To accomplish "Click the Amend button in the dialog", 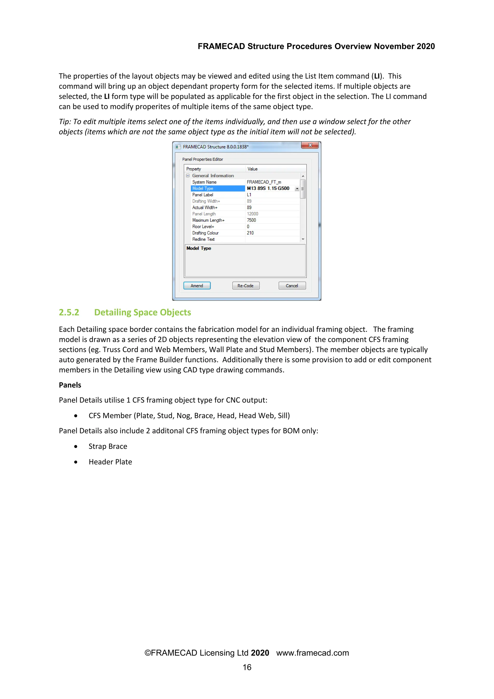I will [197, 286].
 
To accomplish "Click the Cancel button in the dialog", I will [292, 286].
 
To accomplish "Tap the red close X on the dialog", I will [310, 145].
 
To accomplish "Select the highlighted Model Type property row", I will [218, 188].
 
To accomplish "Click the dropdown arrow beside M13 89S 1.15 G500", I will [297, 189].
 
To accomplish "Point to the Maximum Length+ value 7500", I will [251, 220].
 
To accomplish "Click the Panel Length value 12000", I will [253, 214].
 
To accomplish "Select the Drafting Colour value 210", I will [250, 233].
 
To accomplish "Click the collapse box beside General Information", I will [188, 176].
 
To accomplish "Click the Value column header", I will [253, 169].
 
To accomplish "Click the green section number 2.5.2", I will [69, 312].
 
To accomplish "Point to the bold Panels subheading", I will [70, 385].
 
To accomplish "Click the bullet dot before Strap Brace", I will [76, 447].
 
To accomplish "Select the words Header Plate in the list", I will [110, 462].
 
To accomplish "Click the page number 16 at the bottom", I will [247, 667].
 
